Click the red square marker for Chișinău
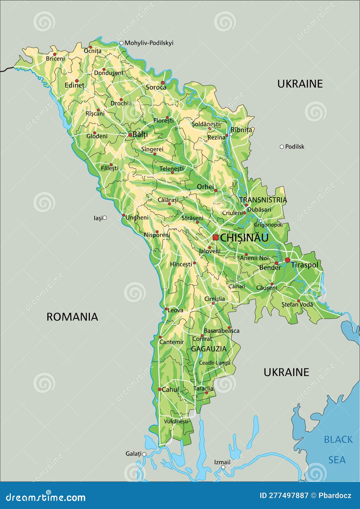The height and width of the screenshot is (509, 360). [x=215, y=237]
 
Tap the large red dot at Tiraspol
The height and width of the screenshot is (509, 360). [x=287, y=260]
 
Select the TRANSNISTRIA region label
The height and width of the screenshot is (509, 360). [x=263, y=200]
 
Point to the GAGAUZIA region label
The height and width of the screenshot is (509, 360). [x=209, y=349]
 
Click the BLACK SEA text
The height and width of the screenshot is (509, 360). [x=338, y=449]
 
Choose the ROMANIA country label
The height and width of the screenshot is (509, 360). [x=72, y=317]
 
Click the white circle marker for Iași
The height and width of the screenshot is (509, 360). [x=105, y=217]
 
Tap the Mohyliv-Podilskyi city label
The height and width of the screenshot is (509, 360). [x=149, y=43]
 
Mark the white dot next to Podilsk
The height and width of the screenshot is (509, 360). [x=282, y=147]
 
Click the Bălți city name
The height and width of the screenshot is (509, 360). [x=140, y=135]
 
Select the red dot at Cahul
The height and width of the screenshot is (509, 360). [x=160, y=389]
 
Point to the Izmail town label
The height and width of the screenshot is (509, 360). [x=222, y=462]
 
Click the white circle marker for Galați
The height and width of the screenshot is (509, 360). [x=144, y=454]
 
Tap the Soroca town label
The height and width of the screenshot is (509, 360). [x=156, y=87]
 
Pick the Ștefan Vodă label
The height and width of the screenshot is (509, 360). [x=297, y=304]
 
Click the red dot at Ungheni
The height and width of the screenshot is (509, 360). [x=124, y=215]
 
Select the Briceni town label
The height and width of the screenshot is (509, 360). [x=55, y=59]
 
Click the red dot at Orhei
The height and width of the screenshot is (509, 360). [x=215, y=190]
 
